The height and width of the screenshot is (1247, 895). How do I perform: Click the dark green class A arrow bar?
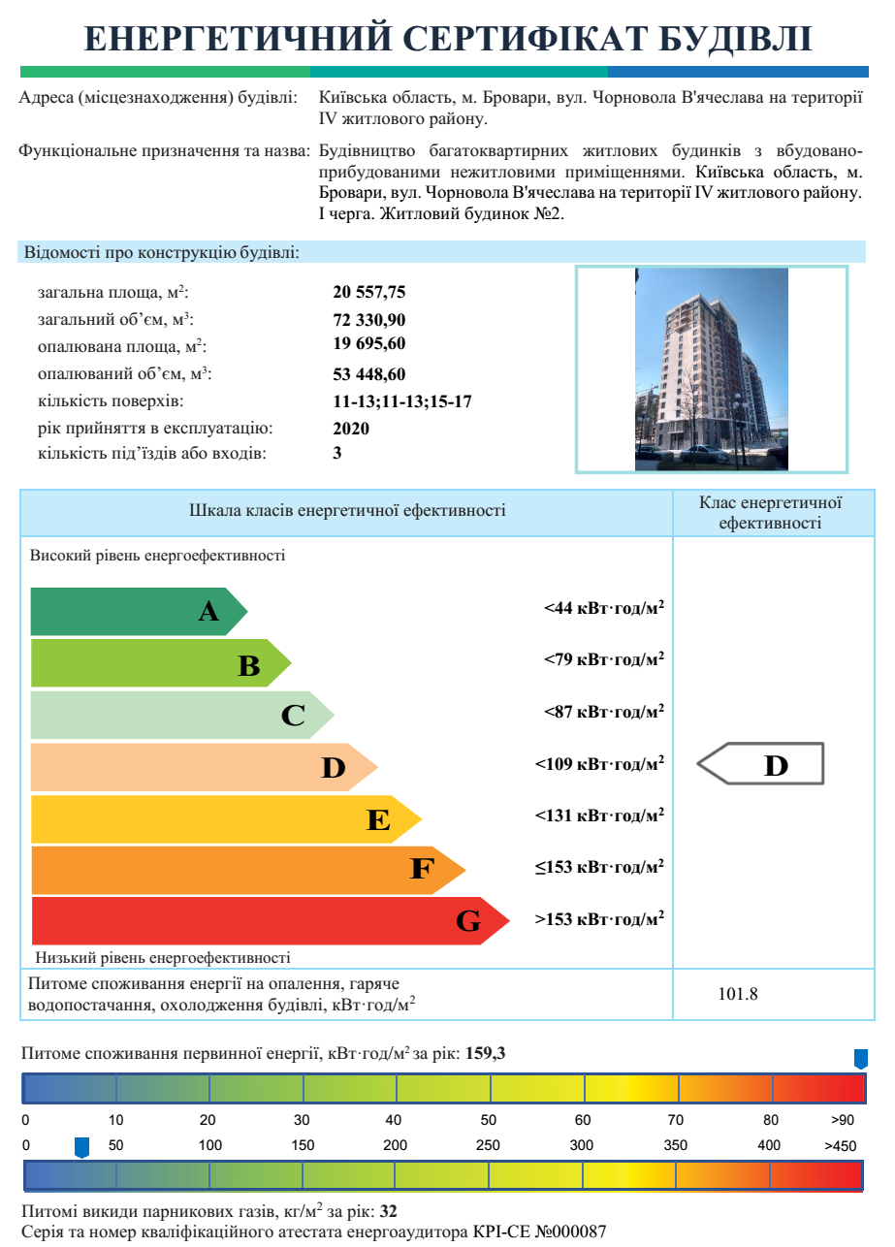[x=136, y=612]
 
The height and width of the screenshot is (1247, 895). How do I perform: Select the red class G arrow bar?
[x=262, y=921]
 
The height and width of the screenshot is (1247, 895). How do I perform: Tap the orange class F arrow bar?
[x=242, y=869]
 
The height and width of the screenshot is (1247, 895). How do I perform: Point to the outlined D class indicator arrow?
[x=762, y=764]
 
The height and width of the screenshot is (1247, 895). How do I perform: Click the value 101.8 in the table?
[x=738, y=994]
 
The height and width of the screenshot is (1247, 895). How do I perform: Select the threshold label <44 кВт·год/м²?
[x=603, y=608]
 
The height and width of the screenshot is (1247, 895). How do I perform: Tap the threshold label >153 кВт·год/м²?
[x=599, y=918]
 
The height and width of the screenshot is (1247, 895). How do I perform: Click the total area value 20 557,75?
[x=368, y=292]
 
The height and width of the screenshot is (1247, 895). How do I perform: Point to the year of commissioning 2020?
[x=351, y=428]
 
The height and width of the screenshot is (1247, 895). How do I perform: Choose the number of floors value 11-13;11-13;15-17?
[x=402, y=401]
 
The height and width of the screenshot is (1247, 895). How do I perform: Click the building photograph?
[x=711, y=369]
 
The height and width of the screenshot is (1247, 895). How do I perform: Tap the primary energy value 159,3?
[x=485, y=1054]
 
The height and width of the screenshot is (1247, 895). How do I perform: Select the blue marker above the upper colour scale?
[x=860, y=1059]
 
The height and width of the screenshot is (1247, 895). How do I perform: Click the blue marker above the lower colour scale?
[x=82, y=1148]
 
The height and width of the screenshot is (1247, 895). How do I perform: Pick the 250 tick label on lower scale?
[x=488, y=1145]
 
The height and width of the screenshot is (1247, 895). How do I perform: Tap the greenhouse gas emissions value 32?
[x=389, y=1211]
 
